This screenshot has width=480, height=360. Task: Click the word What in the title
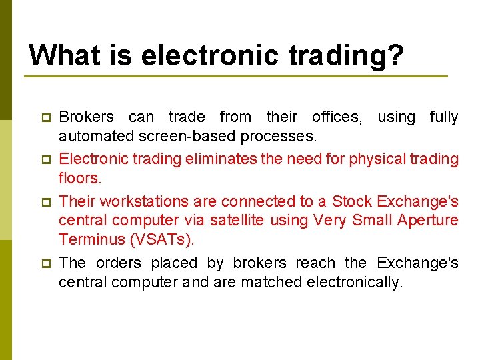click(x=61, y=55)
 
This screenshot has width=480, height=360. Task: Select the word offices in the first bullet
click(x=337, y=117)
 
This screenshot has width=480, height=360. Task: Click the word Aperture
click(x=426, y=220)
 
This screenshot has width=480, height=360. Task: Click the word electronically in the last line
click(x=355, y=282)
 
